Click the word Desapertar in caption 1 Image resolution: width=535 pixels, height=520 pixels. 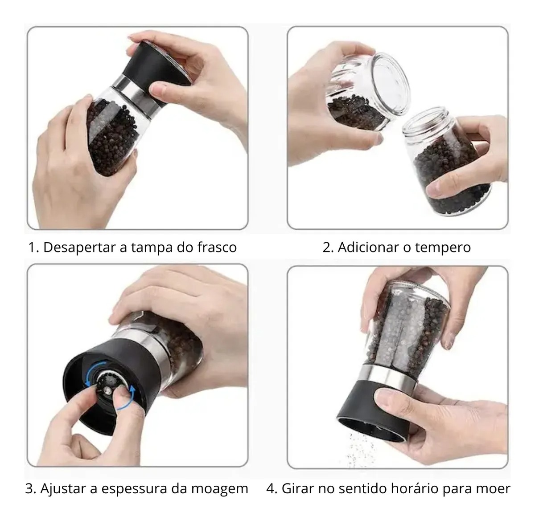click(x=79, y=248)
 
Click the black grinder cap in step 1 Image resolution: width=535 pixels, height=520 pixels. click(x=156, y=65)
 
